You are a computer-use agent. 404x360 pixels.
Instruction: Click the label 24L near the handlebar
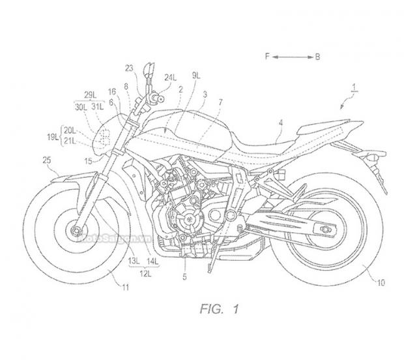tap(170, 77)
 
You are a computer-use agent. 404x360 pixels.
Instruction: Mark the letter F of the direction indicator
tap(268, 57)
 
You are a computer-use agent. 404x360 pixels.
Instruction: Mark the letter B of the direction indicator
tap(317, 57)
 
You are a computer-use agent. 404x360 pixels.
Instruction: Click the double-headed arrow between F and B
tap(292, 57)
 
